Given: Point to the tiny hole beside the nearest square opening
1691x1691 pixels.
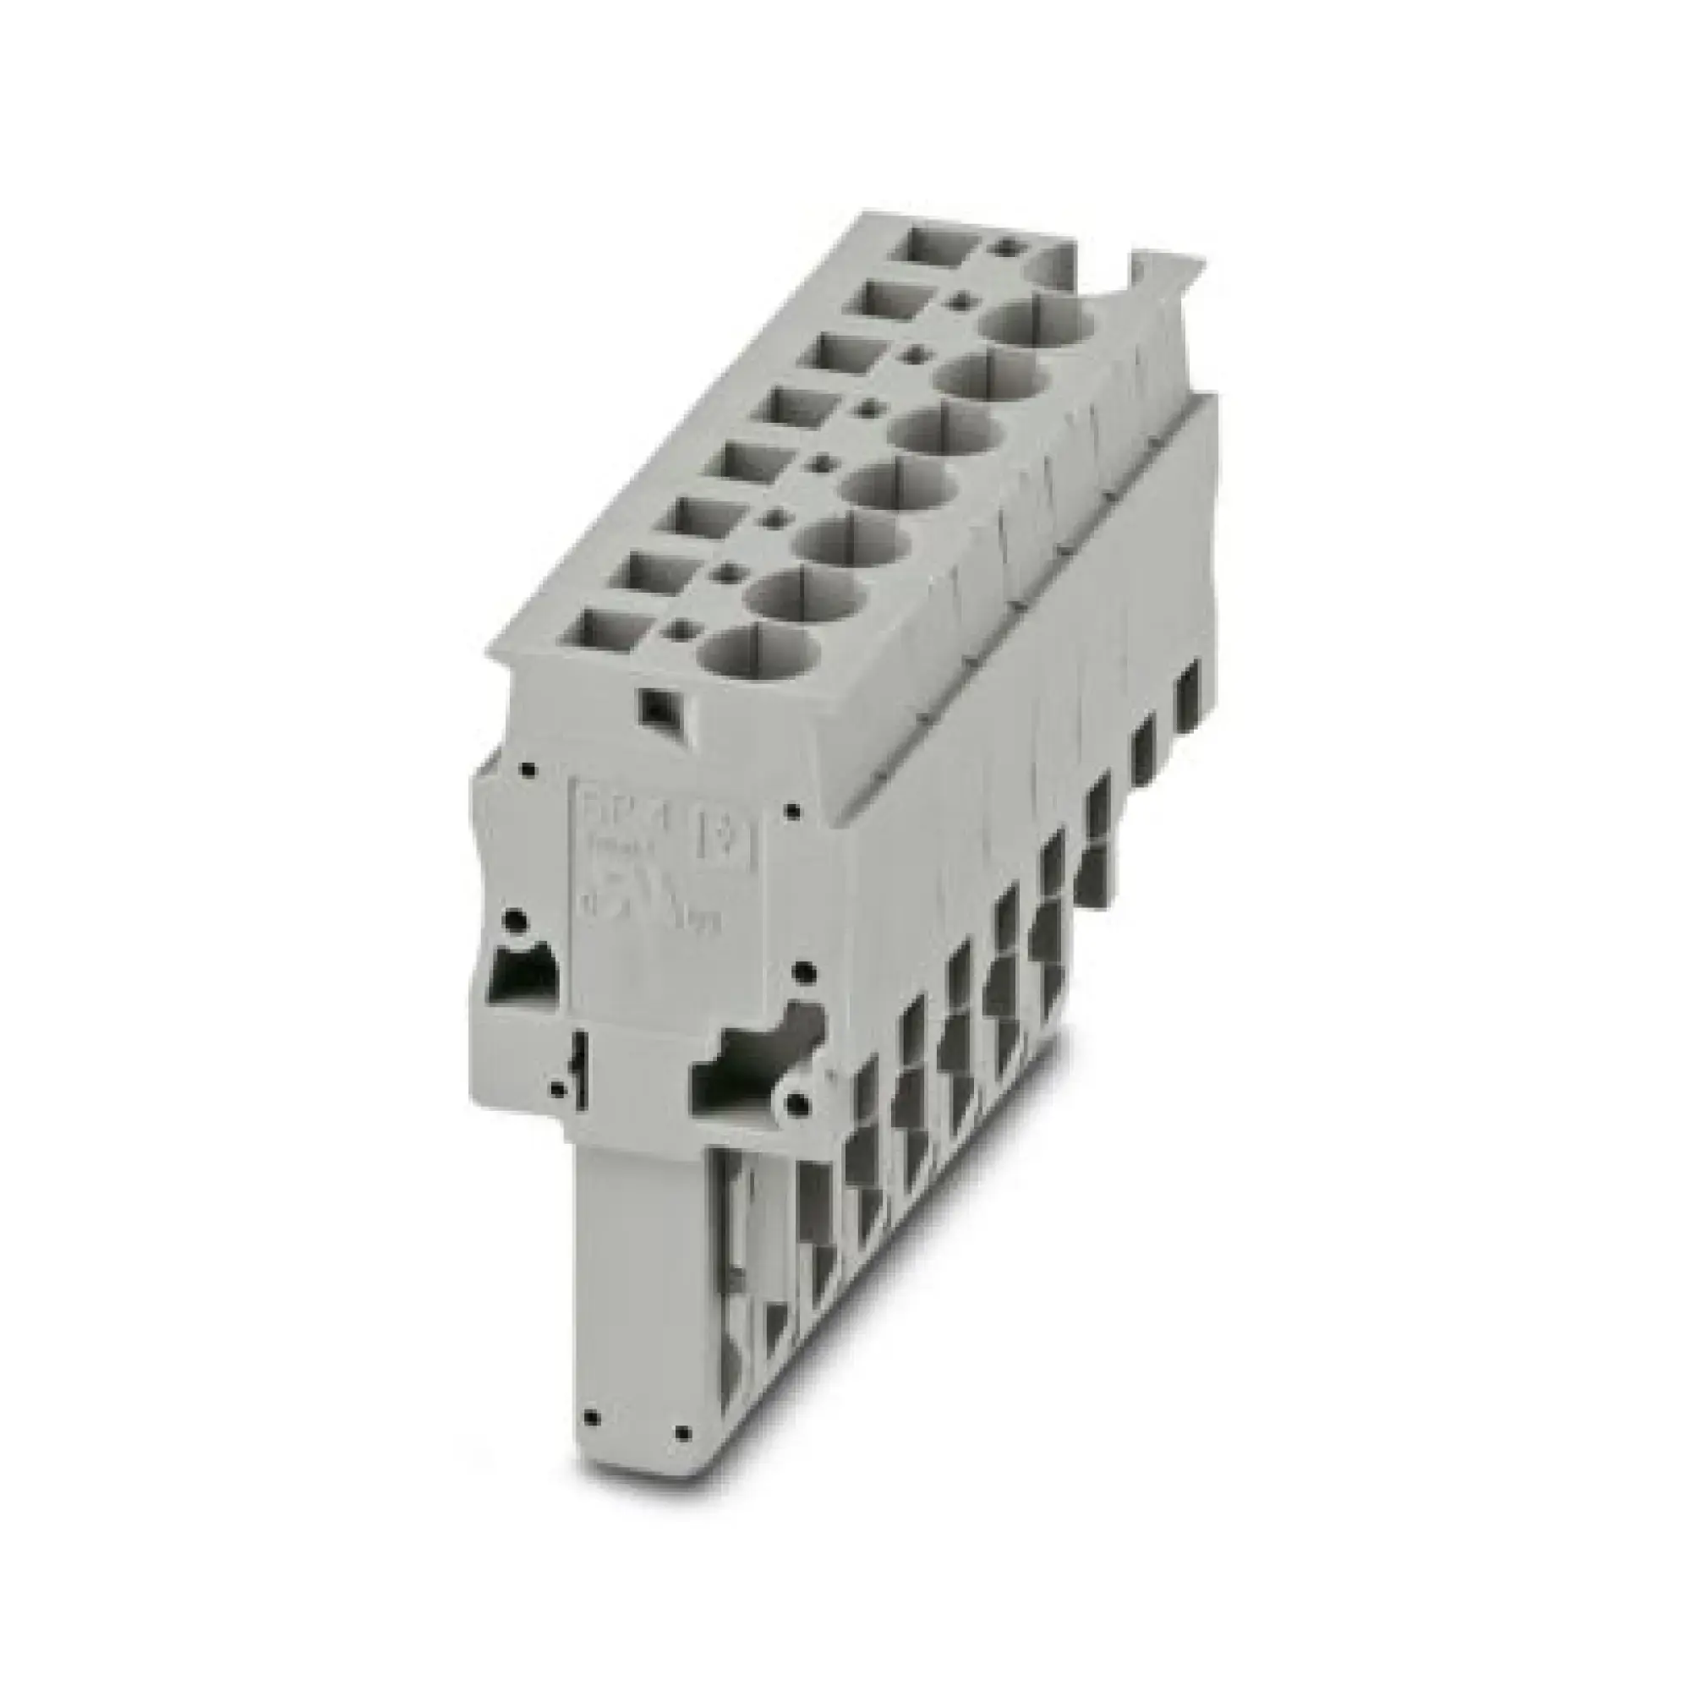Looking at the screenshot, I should coord(676,627).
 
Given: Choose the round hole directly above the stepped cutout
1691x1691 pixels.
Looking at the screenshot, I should coord(800,970).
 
